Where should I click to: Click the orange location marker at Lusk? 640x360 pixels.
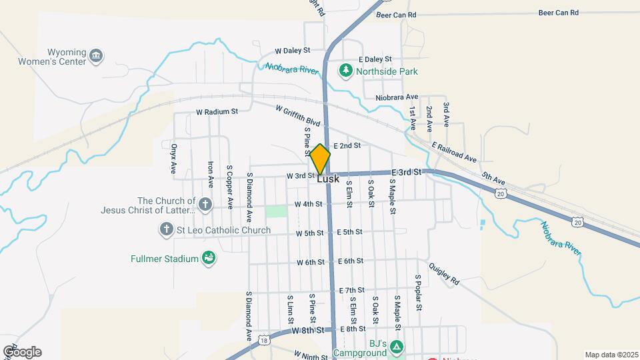(x=321, y=159)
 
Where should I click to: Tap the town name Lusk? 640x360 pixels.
(x=328, y=179)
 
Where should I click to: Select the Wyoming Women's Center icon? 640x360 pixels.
(x=97, y=55)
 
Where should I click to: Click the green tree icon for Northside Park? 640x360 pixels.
(x=346, y=70)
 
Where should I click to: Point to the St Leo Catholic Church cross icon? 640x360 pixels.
(x=166, y=230)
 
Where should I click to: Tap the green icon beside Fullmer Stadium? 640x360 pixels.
(x=209, y=259)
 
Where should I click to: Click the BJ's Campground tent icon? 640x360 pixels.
(x=397, y=346)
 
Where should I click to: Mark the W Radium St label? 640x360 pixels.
(x=217, y=112)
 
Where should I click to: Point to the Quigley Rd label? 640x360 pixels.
(x=444, y=273)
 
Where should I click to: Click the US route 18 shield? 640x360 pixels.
(x=265, y=339)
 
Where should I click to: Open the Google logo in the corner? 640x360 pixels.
(x=22, y=352)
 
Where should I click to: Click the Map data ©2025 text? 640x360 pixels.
(x=611, y=355)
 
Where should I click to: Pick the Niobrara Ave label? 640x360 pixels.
(x=397, y=97)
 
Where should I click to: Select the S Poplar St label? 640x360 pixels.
(x=419, y=293)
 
